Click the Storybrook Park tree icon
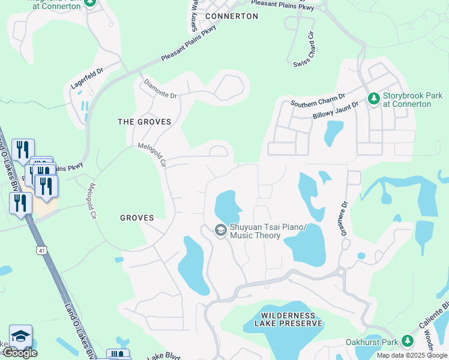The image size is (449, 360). pos(373,97)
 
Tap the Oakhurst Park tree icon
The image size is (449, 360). pos(408,341)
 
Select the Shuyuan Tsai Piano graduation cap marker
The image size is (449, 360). pos(220,230)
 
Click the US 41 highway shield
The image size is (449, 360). pos(41,248)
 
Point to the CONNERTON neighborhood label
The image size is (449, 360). pos(232,16)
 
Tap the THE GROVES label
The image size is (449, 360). pos(144,122)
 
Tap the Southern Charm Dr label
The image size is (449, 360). pos(318,100)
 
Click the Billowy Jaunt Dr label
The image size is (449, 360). pos(334,111)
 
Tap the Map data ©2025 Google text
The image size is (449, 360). pos(412,355)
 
